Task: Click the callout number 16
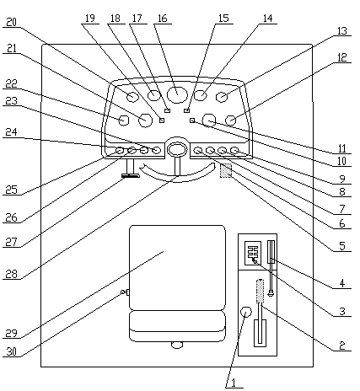pos(162,19)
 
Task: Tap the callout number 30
pos(11,351)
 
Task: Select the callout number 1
pos(234,383)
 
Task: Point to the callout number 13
pos(341,30)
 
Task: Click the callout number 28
pos(12,274)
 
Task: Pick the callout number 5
pos(342,246)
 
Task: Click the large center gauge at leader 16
pos(177,94)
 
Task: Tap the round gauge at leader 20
pos(132,97)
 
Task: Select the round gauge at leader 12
pos(231,121)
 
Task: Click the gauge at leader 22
pos(123,121)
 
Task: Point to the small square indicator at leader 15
pos(186,110)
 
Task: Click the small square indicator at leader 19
pos(162,121)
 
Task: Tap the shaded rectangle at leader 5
pos(226,171)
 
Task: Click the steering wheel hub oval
pos(177,149)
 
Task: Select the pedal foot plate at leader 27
pos(131,176)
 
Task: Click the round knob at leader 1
pos(246,312)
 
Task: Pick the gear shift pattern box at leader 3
pos(253,253)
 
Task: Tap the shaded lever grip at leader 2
pos(260,292)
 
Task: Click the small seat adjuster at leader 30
pos(125,292)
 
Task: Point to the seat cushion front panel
pos(177,326)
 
